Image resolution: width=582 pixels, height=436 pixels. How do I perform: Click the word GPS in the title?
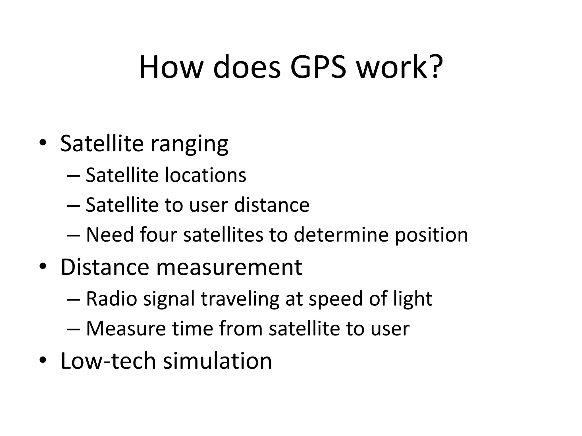(x=318, y=68)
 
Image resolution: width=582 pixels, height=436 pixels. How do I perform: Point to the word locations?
(x=205, y=175)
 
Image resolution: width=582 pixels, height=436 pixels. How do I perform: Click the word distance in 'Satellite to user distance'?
(x=271, y=205)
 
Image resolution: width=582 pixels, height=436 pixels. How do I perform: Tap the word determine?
(x=341, y=235)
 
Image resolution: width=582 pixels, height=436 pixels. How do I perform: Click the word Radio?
(x=112, y=299)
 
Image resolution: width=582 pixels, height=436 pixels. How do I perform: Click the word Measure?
(x=126, y=329)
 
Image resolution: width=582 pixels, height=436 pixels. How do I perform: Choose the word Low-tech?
(x=108, y=361)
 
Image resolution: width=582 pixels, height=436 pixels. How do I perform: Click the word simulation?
(x=217, y=361)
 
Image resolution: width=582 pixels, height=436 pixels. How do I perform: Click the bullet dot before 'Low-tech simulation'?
(x=43, y=360)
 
